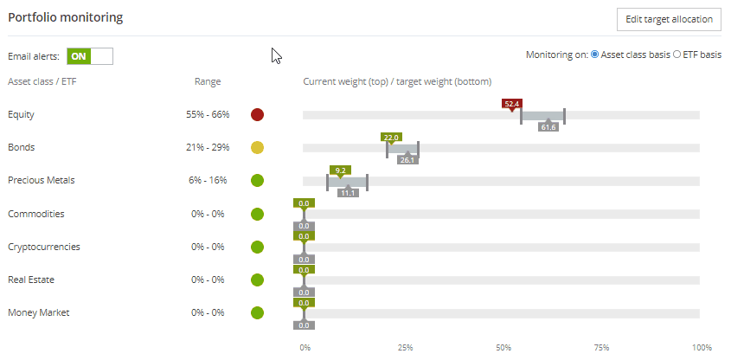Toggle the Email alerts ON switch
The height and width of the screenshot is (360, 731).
(x=90, y=56)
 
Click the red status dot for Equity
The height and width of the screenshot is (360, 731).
(x=257, y=114)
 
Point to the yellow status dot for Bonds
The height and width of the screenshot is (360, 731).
(x=257, y=147)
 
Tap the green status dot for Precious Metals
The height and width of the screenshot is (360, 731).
(x=257, y=181)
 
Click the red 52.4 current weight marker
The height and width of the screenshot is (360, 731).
(x=512, y=103)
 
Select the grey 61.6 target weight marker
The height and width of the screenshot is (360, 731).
(x=548, y=126)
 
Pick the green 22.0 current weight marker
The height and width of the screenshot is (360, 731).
(x=391, y=137)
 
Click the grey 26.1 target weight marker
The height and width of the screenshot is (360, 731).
(x=407, y=159)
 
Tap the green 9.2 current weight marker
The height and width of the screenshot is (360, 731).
(x=340, y=170)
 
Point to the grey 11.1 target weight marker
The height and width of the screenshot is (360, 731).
(x=348, y=192)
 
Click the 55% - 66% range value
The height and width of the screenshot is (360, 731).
(x=208, y=114)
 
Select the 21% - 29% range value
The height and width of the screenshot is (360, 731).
(x=208, y=147)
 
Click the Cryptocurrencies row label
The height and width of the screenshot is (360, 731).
(x=43, y=247)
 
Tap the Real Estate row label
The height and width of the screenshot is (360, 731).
(x=32, y=280)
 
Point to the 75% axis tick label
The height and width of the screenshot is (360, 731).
(x=602, y=348)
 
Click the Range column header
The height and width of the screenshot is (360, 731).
(x=208, y=82)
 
